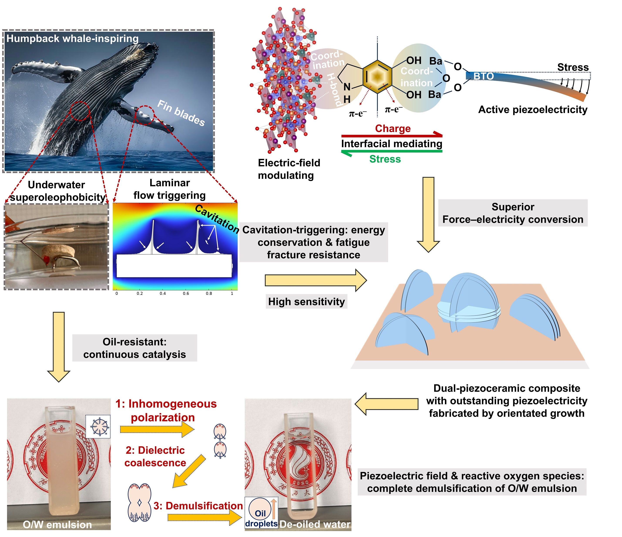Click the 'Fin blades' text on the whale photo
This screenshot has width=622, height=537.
[x=181, y=113]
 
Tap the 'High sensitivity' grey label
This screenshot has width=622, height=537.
[x=306, y=302]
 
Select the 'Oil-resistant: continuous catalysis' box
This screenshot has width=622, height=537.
[x=134, y=348]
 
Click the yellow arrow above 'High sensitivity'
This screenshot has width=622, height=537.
[x=315, y=280]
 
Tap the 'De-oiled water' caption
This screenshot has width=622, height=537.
[x=315, y=524]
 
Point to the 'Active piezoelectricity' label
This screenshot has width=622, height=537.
[x=533, y=110]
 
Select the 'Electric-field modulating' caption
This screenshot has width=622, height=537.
[x=289, y=169]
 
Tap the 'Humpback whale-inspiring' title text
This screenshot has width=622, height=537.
[x=72, y=39]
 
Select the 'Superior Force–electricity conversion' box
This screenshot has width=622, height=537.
[x=513, y=213]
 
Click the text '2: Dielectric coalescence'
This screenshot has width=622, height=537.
[x=155, y=456]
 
